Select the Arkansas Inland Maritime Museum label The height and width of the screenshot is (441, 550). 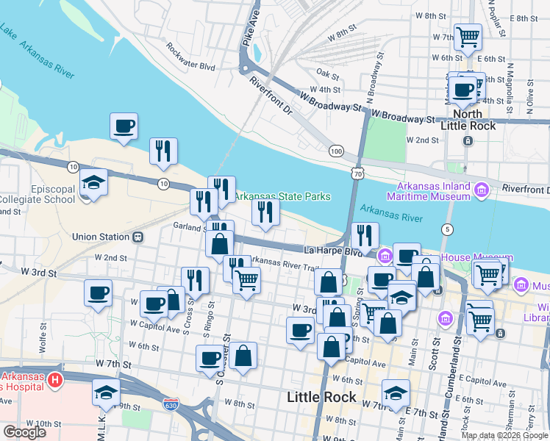coord(434,191)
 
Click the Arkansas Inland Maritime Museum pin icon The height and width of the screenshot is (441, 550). coord(482,191)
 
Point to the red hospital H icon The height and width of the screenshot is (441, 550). coord(54,380)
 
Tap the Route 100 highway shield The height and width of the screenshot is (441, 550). coord(336,151)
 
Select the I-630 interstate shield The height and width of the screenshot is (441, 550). coord(168,403)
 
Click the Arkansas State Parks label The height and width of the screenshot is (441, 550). coord(282,196)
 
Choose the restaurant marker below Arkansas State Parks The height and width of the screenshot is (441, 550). coord(265,212)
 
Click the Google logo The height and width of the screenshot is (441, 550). coord(24,432)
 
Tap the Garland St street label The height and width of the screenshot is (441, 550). coord(189,226)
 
